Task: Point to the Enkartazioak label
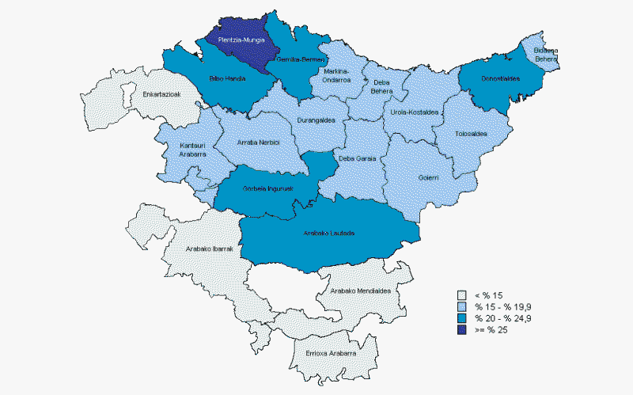click(165, 95)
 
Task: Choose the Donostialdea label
click(501, 79)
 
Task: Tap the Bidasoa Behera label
click(546, 54)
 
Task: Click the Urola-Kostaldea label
click(415, 112)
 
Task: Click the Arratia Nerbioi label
click(260, 143)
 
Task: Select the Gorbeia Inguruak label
click(268, 188)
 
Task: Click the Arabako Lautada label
click(329, 234)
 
